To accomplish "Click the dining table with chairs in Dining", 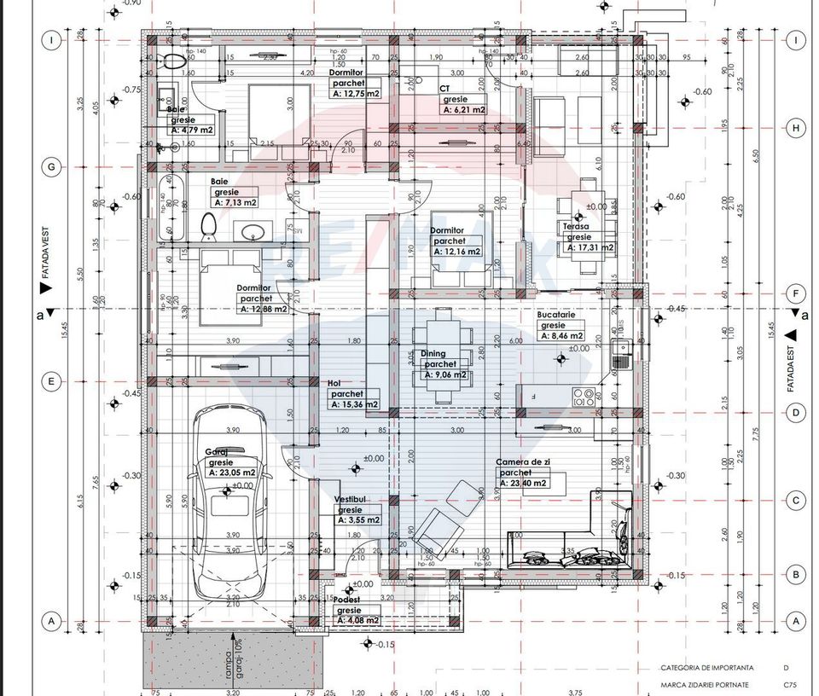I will click(441, 356).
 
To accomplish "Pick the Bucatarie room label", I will click(556, 315).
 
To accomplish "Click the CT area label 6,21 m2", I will click(463, 110).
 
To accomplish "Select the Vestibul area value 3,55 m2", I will click(358, 519).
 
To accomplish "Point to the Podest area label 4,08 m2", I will click(358, 620).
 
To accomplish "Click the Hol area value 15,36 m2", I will click(354, 404).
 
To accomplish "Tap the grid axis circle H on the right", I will click(795, 128).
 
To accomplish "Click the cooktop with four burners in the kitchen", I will click(584, 397).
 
